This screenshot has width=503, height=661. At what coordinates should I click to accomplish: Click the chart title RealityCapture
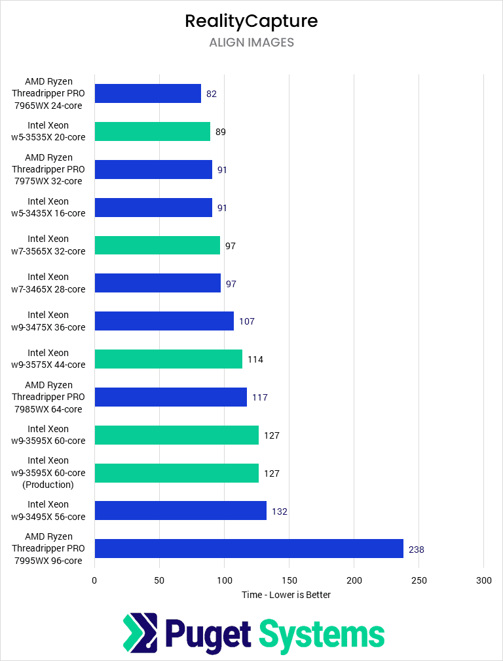click(x=251, y=21)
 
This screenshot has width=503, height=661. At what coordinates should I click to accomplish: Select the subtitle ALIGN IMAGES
click(x=251, y=43)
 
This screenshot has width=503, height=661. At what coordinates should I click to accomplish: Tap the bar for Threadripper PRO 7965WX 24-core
click(x=147, y=94)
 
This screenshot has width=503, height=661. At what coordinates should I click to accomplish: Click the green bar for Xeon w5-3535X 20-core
click(x=152, y=131)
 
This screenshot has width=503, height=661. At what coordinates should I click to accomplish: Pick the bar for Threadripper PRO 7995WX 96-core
click(x=249, y=549)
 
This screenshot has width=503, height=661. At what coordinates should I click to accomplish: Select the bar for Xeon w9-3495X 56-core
click(x=180, y=511)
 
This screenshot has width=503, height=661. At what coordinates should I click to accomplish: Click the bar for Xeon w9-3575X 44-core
click(x=168, y=359)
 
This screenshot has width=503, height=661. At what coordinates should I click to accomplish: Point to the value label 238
click(x=416, y=550)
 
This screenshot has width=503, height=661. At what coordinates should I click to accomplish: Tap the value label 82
click(x=211, y=94)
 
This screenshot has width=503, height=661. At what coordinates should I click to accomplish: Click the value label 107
click(x=247, y=321)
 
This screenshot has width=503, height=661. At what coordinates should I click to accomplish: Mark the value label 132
click(x=280, y=511)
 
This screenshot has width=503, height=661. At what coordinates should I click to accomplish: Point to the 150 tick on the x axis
click(x=289, y=580)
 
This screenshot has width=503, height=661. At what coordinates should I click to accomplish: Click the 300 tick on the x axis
click(x=483, y=580)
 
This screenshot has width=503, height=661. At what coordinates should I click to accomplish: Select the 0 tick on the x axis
click(x=94, y=580)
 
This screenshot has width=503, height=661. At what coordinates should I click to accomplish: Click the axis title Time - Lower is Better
click(x=286, y=595)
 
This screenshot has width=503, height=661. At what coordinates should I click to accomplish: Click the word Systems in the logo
click(x=321, y=634)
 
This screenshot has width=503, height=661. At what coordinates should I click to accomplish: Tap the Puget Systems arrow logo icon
click(x=140, y=634)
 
